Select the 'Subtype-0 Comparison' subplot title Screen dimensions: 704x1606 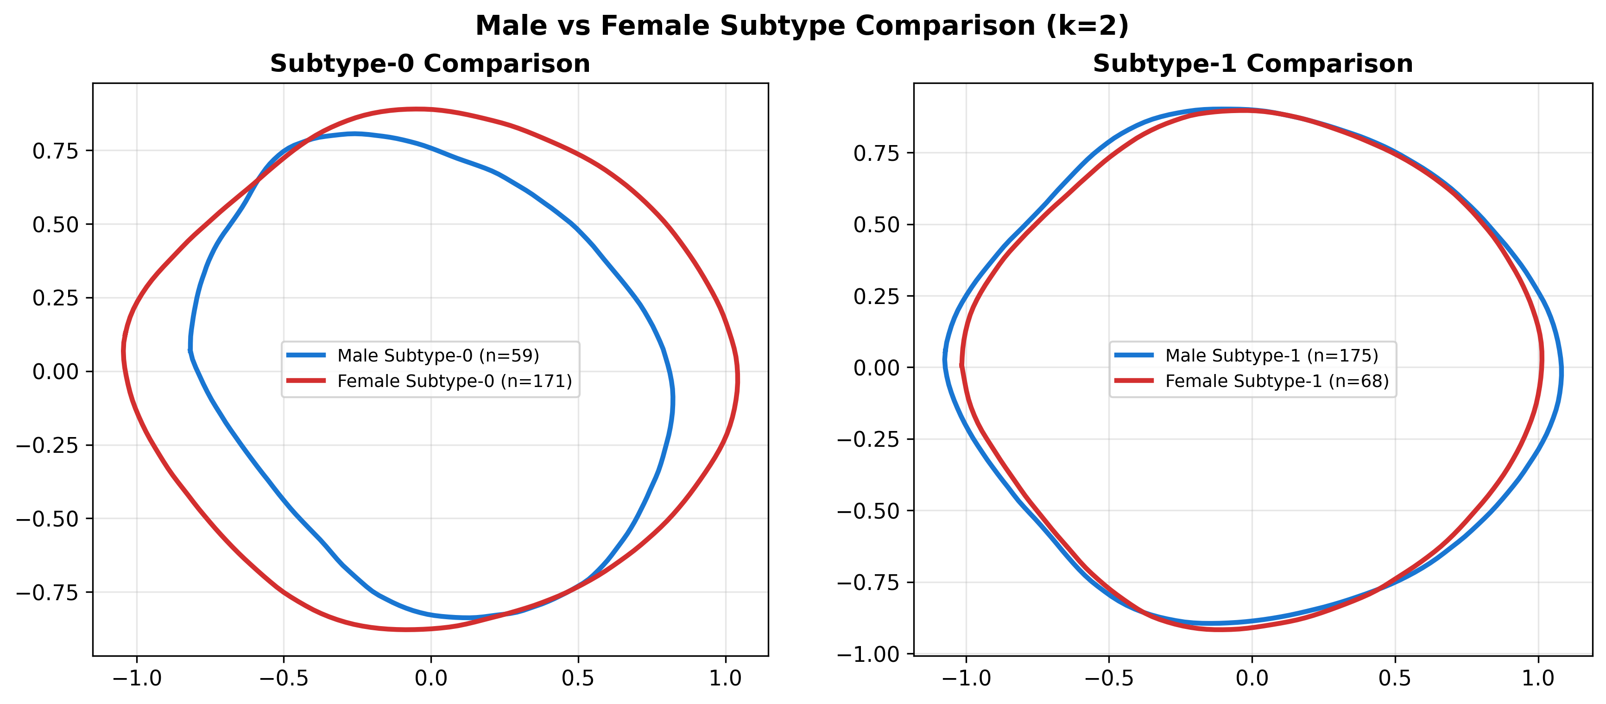[430, 63]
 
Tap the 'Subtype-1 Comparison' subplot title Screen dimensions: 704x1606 [1252, 63]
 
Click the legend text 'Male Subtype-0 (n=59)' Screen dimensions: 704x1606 [438, 355]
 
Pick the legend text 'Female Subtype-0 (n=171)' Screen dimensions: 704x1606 [455, 381]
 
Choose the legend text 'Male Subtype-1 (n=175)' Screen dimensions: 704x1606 [1271, 355]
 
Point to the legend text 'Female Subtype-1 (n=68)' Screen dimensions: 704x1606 [1277, 381]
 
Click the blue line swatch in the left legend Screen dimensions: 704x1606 [306, 355]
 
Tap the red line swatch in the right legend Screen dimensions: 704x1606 [1134, 381]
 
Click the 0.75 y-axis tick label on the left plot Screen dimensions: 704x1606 [56, 151]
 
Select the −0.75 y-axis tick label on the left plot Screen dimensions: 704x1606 [47, 592]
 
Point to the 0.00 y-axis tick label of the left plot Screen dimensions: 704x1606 [56, 372]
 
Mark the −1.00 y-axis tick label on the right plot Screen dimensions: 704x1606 [868, 654]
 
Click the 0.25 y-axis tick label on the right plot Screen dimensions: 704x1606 [877, 296]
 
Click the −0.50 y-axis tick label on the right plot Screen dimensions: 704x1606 [868, 511]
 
